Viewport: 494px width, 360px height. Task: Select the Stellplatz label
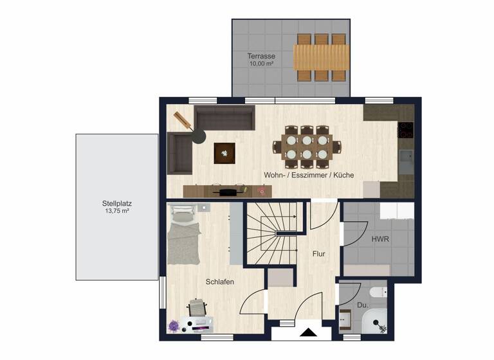coord(116,203)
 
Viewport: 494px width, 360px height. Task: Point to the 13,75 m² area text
coord(116,211)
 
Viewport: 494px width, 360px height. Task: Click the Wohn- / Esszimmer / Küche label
coord(309,175)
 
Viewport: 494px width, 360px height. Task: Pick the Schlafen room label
coord(220,282)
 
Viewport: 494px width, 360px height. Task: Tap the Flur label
coord(319,254)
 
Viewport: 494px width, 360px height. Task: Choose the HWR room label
coord(380,239)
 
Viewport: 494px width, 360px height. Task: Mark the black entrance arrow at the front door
coord(308,333)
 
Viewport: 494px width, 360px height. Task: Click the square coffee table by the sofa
coord(224,153)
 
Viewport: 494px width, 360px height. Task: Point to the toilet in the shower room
coord(379,293)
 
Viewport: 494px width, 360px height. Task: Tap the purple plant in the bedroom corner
coord(173,326)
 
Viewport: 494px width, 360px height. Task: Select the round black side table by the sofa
coord(200,135)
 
